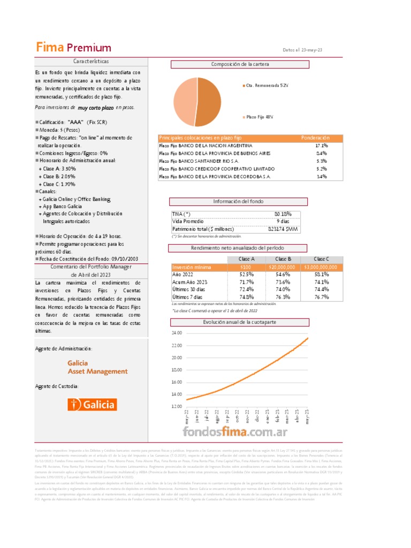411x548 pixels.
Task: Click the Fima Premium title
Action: pos(74,48)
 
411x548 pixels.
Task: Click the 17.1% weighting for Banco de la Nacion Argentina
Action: pos(322,146)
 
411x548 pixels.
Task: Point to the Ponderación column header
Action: pos(315,138)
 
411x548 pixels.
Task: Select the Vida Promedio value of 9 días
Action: pos(283,222)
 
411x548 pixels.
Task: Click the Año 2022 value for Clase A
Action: pos(246,275)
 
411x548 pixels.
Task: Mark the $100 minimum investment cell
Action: pos(246,267)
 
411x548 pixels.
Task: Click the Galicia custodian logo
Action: pos(92,404)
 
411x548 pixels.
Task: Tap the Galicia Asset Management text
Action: pos(97,367)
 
